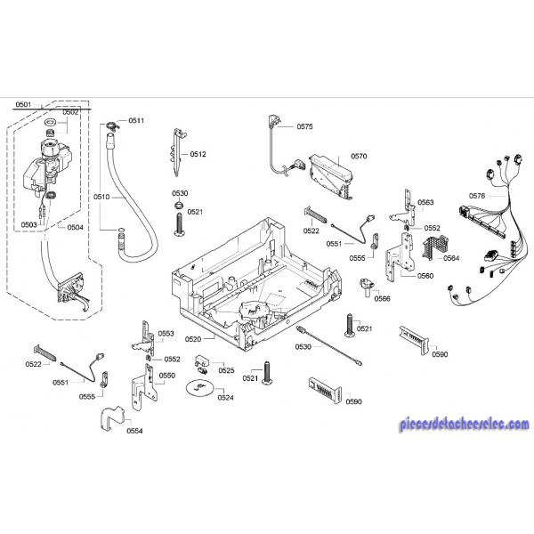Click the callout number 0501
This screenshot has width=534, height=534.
[x=23, y=105]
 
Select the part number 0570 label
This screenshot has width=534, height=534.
[x=359, y=156]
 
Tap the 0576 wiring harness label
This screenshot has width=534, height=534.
[x=476, y=195]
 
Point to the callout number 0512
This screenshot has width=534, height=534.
[x=198, y=154]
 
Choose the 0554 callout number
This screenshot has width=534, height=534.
[x=135, y=431]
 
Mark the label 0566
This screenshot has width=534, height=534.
[x=382, y=298]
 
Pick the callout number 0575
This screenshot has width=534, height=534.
[x=304, y=127]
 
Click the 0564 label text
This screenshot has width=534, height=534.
[x=451, y=258]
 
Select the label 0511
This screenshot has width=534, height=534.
[x=136, y=120]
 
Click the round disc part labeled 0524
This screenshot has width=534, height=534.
[x=200, y=387]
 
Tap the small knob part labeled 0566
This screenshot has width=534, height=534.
[x=365, y=287]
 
